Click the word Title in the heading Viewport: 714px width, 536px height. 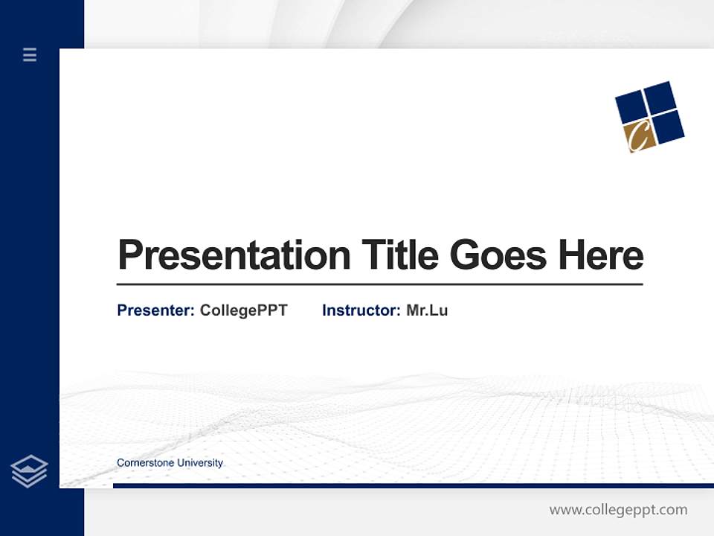click(399, 255)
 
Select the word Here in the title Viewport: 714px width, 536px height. click(600, 255)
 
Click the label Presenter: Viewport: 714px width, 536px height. click(155, 310)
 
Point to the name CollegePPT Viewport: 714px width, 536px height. click(243, 310)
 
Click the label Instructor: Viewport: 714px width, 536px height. click(361, 310)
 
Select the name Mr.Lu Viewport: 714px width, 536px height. click(427, 310)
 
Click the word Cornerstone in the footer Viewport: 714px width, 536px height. click(144, 463)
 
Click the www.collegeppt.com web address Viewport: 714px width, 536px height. click(618, 510)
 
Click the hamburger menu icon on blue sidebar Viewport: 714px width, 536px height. click(30, 54)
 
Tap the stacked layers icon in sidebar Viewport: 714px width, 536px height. click(29, 471)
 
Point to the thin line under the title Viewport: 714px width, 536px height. click(379, 284)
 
